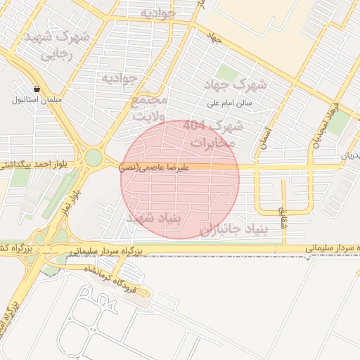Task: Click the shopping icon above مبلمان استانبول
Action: pyautogui.click(x=37, y=89)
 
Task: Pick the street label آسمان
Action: pyautogui.click(x=264, y=137)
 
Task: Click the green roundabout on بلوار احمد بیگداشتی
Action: pyautogui.click(x=93, y=157)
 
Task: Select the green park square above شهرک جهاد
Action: pyautogui.click(x=226, y=73)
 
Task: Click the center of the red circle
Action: pyautogui.click(x=180, y=179)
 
